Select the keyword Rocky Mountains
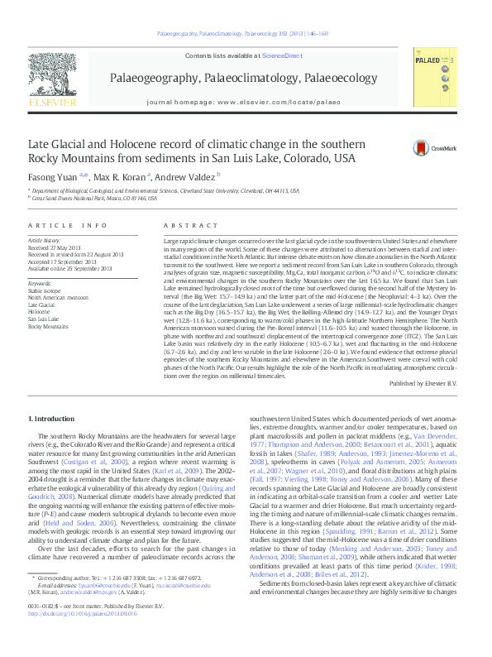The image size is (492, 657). click(48, 327)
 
